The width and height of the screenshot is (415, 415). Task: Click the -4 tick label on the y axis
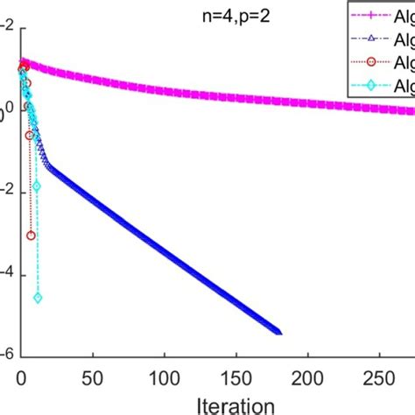[x=6, y=274]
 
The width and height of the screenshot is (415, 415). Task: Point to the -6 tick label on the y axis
[x=6, y=355]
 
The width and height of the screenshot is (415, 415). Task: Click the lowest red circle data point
[x=31, y=236]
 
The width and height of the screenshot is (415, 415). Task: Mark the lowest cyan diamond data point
[x=38, y=299]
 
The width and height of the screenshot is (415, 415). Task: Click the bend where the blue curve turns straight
[x=46, y=165]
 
